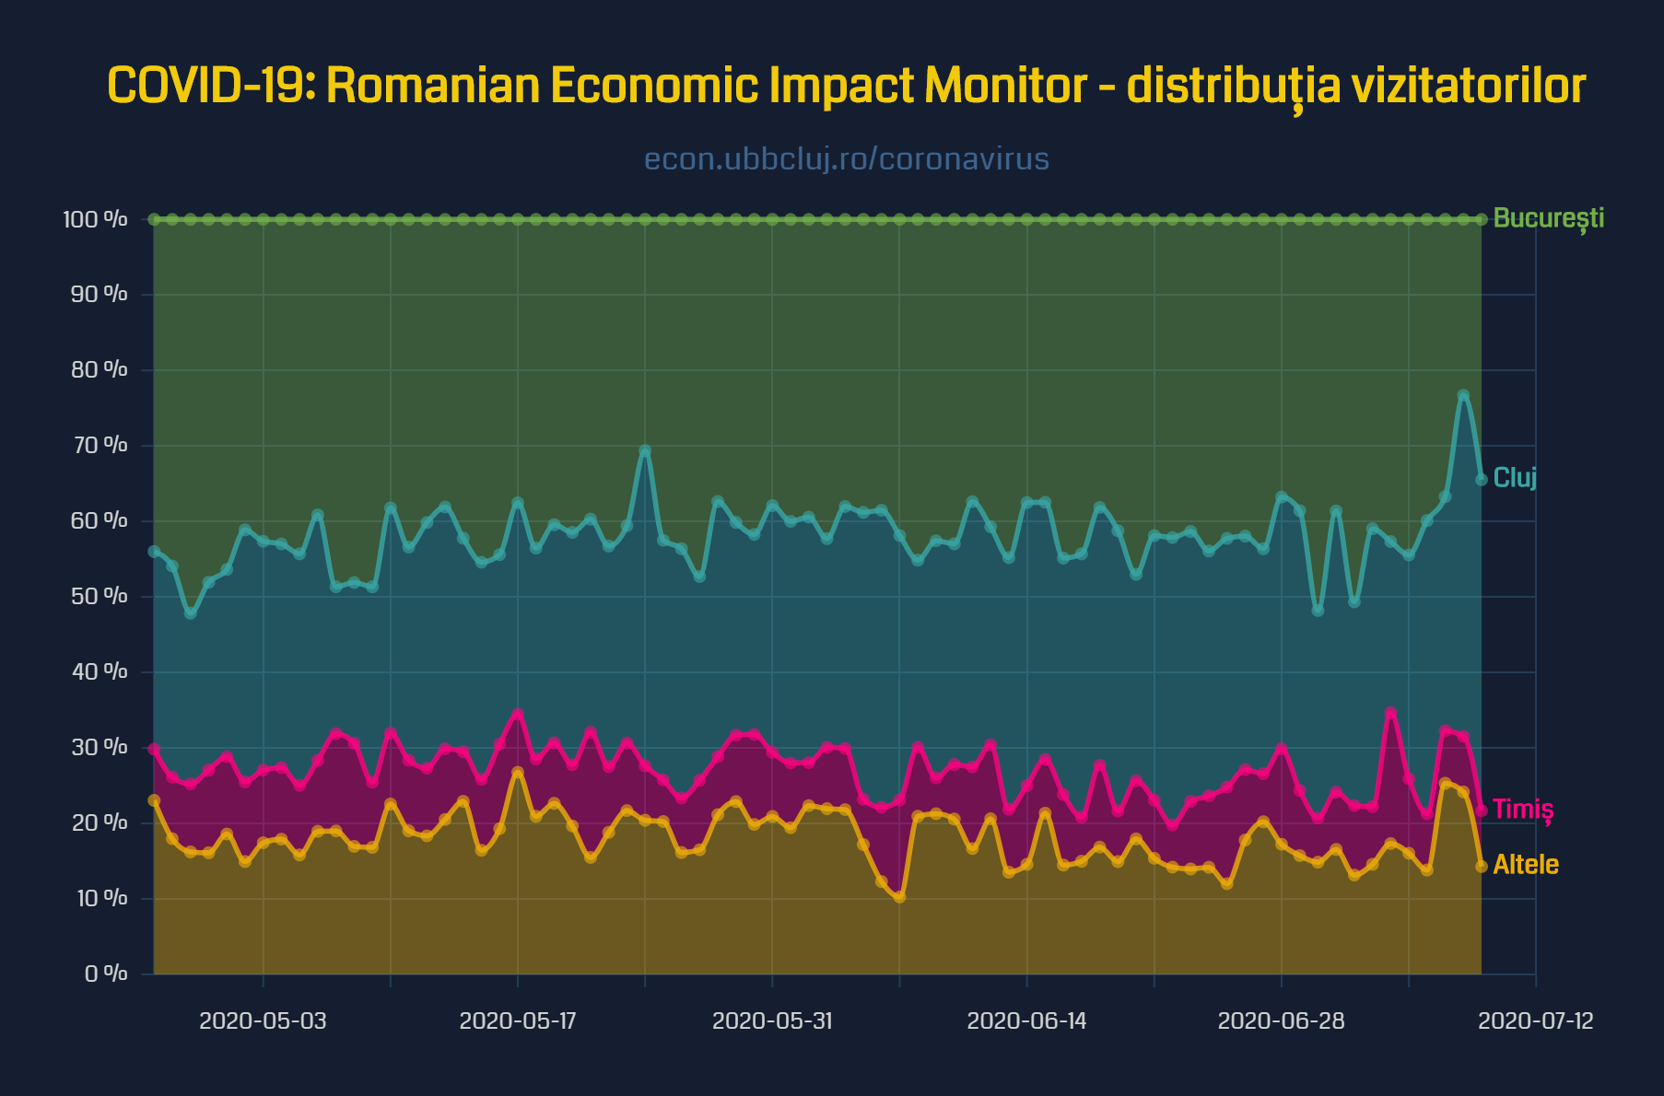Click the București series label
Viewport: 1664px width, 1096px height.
(1548, 218)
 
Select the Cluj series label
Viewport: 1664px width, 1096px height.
(1515, 477)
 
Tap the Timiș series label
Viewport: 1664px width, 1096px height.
(1523, 809)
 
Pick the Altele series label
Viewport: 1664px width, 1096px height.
(1526, 864)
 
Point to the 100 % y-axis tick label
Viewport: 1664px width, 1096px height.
(95, 219)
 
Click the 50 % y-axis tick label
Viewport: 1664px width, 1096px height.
(99, 596)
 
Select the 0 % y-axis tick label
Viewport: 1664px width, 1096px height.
(105, 974)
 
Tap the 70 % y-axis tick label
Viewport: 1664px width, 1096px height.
(99, 445)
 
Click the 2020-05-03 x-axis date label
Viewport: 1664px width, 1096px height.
(263, 1020)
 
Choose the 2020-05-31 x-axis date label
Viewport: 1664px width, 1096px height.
(772, 1020)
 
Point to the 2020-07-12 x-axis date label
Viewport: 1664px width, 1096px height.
(1536, 1020)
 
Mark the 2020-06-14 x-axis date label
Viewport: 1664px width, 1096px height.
(1026, 1020)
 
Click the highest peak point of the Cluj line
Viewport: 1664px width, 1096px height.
(1463, 395)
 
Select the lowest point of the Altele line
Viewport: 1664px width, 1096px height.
(899, 897)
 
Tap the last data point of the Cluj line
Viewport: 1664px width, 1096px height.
(1482, 479)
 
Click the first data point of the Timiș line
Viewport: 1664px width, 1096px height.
(154, 749)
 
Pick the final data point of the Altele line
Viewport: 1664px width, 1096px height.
(1482, 866)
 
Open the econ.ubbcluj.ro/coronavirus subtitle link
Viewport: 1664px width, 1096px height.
(846, 158)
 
